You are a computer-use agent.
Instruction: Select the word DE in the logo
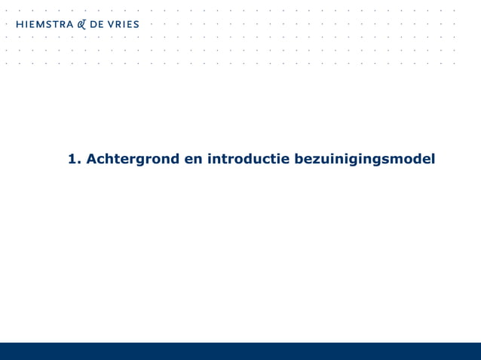point(97,24)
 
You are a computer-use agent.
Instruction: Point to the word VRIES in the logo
point(122,24)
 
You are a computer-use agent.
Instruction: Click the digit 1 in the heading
point(72,159)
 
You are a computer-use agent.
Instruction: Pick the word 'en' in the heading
point(194,159)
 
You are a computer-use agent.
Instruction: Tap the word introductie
point(248,159)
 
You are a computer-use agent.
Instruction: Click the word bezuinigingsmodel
point(364,159)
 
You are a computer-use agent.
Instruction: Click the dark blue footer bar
point(240,351)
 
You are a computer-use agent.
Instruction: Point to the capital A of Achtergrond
point(93,159)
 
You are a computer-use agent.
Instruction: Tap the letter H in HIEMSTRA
point(20,24)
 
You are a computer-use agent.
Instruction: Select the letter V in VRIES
point(109,24)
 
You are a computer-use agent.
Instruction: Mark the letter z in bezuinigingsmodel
point(318,160)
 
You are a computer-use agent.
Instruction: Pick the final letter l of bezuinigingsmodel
point(433,159)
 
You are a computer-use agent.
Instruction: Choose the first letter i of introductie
point(209,159)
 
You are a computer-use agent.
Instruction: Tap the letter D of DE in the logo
point(93,24)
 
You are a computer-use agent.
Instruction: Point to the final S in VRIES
point(136,24)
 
